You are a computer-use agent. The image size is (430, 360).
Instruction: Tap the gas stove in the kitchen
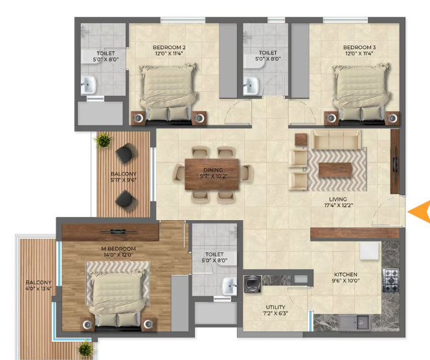coord(390,280)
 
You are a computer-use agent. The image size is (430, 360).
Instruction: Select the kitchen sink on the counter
coord(354,322)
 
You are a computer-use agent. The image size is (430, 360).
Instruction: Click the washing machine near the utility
coord(253,284)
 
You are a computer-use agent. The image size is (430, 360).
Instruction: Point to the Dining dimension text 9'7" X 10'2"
coord(214,176)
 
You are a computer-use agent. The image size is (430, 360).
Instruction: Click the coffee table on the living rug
coord(335,170)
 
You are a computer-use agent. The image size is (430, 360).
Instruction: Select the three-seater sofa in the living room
coord(337,140)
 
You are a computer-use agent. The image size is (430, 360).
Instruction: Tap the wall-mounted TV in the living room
coord(395,161)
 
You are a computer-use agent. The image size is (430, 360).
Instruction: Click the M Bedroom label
coord(119,249)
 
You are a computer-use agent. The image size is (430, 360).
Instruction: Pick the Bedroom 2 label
coord(169,47)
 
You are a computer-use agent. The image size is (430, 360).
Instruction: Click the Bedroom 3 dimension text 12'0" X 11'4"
coord(359,54)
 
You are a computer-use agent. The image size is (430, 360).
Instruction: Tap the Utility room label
coord(275,307)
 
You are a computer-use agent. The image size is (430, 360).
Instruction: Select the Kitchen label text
coord(346,275)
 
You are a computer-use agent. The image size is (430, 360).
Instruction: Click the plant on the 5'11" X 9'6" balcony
coord(103,140)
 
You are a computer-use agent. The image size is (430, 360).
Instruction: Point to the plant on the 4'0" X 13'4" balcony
coord(85,349)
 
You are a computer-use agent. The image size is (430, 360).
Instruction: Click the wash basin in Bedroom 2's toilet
coord(89,85)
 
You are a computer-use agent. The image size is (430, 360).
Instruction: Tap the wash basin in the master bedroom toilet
coord(229,286)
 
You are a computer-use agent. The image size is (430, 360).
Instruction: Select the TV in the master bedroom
coord(118,232)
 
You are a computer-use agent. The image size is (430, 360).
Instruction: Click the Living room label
coord(338,199)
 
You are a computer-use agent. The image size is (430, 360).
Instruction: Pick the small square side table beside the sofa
coord(301,140)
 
